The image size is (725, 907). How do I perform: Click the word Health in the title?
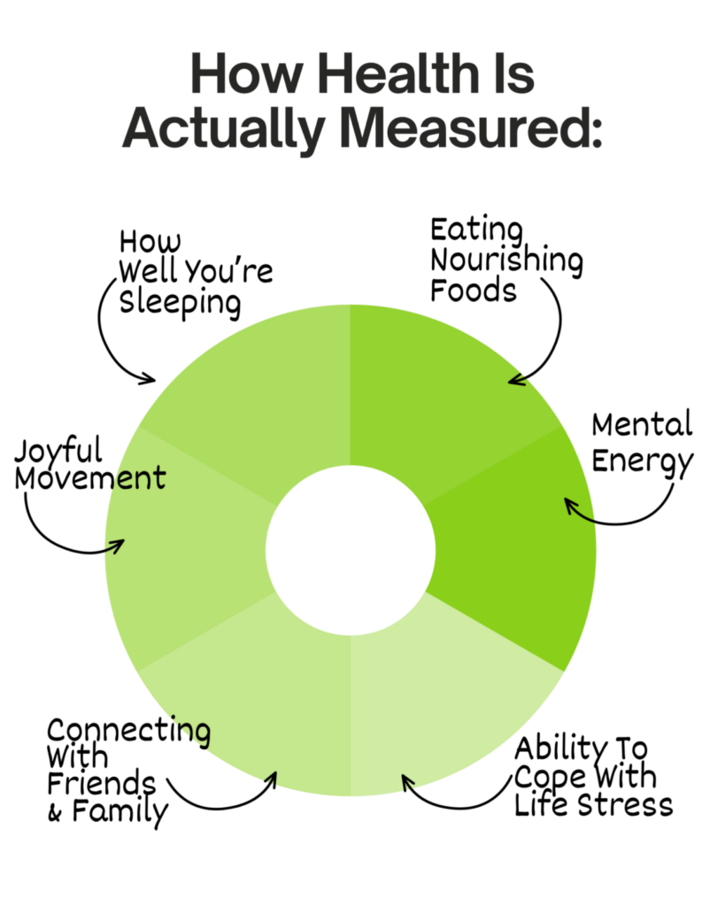(x=398, y=74)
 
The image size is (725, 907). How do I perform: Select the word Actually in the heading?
(x=223, y=130)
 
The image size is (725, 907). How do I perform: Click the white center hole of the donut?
(x=351, y=550)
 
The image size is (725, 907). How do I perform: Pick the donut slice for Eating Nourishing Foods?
(x=439, y=393)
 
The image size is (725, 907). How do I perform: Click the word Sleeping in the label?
(x=180, y=304)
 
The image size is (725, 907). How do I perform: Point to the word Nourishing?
(x=507, y=260)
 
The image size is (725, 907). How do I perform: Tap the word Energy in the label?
(x=643, y=462)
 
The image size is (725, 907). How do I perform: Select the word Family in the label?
(x=120, y=812)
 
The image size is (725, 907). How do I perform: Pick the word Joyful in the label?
(x=58, y=451)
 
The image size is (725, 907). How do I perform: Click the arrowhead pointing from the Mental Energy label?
(x=571, y=507)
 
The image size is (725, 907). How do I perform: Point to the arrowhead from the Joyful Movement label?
(x=118, y=546)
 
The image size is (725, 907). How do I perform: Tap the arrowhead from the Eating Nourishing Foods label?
(x=516, y=379)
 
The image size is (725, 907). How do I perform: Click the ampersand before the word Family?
(x=55, y=814)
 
